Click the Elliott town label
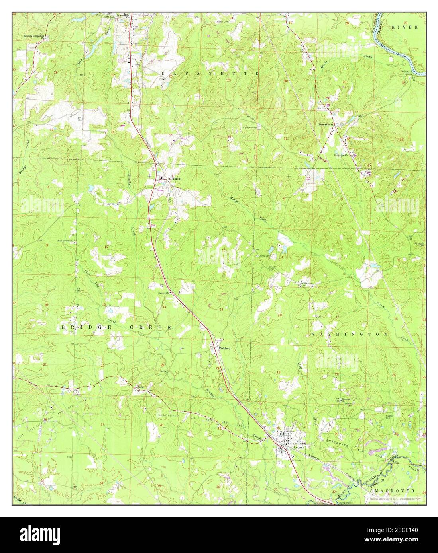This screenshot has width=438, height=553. point(177,179)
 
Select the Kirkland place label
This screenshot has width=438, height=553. point(225,348)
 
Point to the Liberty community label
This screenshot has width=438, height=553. point(139,386)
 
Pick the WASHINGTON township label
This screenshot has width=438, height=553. point(349,334)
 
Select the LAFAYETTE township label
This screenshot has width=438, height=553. point(210,74)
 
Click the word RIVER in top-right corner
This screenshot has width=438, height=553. point(404,27)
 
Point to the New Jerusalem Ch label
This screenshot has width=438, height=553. point(66,241)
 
